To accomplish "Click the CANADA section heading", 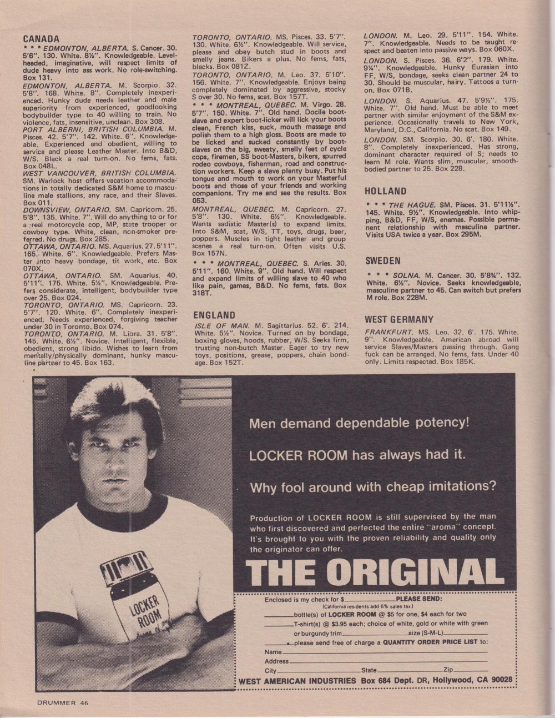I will [x=41, y=39].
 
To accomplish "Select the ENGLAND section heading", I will [x=214, y=315].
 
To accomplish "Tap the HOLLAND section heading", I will [x=386, y=192].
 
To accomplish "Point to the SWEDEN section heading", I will [x=383, y=260].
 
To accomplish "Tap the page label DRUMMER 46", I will [x=63, y=702].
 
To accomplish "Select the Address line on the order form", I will [x=389, y=661].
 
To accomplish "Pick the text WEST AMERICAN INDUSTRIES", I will [x=297, y=681].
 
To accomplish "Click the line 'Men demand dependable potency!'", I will [x=360, y=423].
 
